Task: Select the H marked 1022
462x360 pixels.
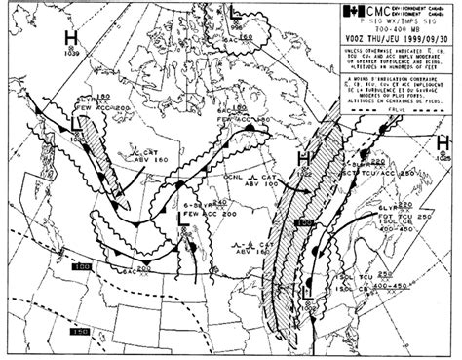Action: click(304, 157)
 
